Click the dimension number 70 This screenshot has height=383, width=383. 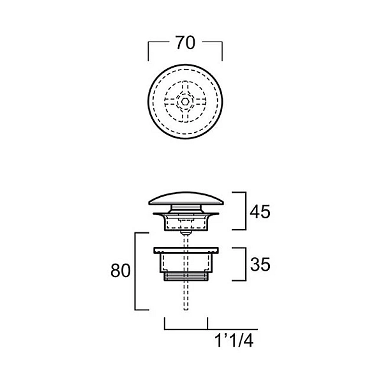tap(186, 43)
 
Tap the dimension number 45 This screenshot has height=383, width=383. tap(260, 211)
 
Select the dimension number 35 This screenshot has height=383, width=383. tap(260, 264)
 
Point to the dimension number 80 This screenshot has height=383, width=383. tap(121, 271)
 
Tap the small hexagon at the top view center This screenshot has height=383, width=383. tap(185, 101)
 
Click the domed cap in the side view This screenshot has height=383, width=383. tap(186, 199)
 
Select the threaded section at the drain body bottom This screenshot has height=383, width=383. tap(186, 277)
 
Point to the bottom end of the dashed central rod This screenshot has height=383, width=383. tap(186, 310)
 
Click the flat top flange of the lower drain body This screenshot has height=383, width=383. tap(186, 250)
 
